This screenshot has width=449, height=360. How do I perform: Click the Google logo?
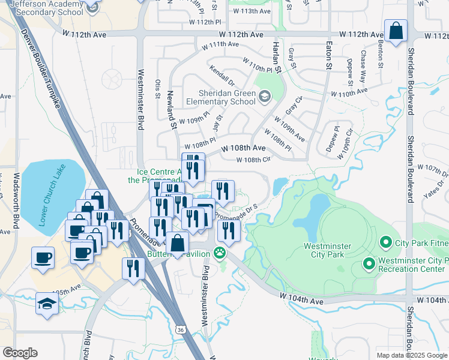[20, 353]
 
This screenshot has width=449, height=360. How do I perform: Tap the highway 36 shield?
[180, 329]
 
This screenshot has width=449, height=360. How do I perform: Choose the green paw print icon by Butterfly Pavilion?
[221, 253]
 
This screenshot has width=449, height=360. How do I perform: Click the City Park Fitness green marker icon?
[385, 244]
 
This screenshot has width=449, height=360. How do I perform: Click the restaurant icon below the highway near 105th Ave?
[132, 268]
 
